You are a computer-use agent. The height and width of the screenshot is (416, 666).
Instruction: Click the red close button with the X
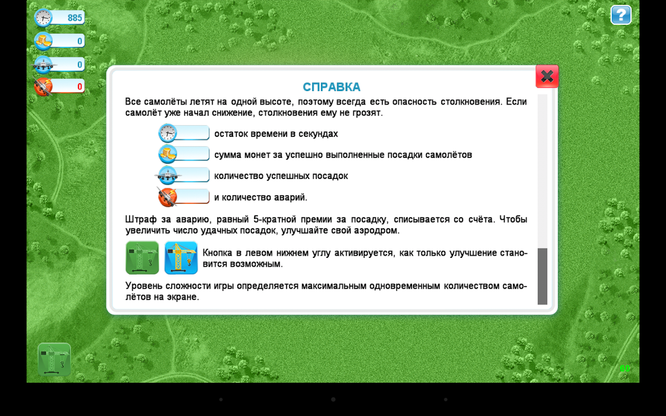click(x=547, y=76)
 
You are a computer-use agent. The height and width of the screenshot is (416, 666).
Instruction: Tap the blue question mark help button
click(x=621, y=15)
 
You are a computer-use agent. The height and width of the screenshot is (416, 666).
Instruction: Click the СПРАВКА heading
click(x=332, y=87)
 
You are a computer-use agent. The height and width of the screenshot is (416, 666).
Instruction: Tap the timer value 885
click(x=74, y=18)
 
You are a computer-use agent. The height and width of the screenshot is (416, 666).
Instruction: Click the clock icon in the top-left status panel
click(x=43, y=18)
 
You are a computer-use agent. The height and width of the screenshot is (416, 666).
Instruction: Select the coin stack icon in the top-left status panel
click(x=43, y=40)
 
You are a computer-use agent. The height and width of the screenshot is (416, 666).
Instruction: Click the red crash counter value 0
click(x=80, y=86)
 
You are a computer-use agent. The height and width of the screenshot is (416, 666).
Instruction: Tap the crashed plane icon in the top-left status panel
click(x=43, y=86)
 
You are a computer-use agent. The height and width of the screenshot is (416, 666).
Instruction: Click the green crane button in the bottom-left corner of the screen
click(x=55, y=359)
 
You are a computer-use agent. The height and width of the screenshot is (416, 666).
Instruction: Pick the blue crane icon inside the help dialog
click(x=181, y=257)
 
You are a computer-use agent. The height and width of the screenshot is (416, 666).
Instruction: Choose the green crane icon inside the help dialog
click(x=142, y=257)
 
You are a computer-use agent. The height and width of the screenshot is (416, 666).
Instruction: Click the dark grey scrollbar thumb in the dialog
click(x=543, y=276)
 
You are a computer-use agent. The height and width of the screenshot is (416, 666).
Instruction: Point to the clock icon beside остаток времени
click(x=168, y=133)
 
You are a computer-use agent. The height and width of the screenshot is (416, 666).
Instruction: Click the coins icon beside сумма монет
click(x=168, y=154)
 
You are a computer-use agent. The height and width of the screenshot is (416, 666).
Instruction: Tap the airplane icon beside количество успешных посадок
click(x=168, y=175)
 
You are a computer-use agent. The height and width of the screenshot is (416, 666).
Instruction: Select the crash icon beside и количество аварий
click(x=167, y=197)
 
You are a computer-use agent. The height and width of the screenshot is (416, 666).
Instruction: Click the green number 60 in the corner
click(x=625, y=368)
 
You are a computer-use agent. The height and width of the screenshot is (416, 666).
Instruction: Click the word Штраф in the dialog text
click(x=141, y=220)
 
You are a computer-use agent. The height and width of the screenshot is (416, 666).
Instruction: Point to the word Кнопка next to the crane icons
click(x=217, y=253)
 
